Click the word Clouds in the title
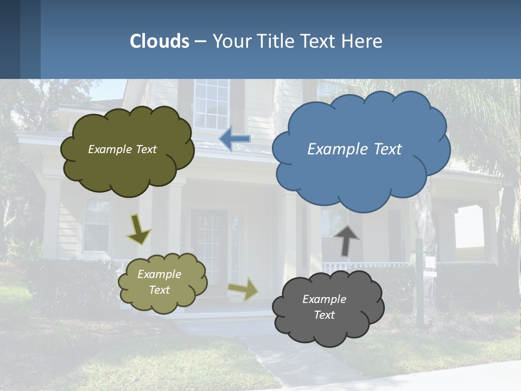pyautogui.click(x=160, y=41)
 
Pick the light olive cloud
pyautogui.click(x=163, y=283)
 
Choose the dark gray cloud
pyautogui.click(x=328, y=307)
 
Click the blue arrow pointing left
pyautogui.click(x=234, y=138)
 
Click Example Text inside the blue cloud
pyautogui.click(x=354, y=149)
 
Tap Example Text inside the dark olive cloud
pyautogui.click(x=122, y=149)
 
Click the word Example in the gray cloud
pyautogui.click(x=324, y=299)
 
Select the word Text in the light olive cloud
pyautogui.click(x=160, y=290)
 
